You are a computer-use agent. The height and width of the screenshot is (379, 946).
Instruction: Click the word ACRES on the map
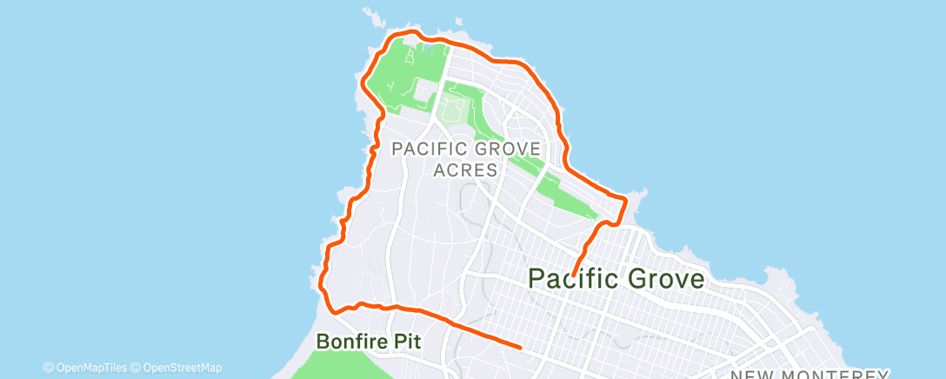coord(465,170)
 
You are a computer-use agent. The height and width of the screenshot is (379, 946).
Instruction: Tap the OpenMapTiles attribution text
coord(90,368)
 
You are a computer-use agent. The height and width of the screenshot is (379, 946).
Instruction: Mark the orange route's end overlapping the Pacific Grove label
coord(575,276)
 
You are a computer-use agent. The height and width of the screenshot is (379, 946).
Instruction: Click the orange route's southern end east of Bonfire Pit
coord(519,347)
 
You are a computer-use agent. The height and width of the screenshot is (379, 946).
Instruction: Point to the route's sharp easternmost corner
coord(625,200)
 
